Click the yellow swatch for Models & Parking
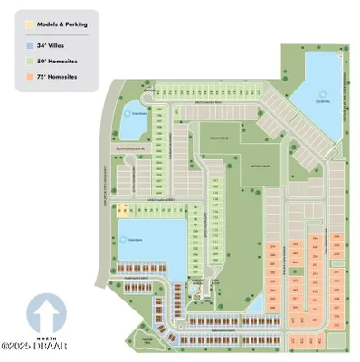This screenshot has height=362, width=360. (32, 24)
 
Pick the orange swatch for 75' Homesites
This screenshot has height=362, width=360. (32, 78)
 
